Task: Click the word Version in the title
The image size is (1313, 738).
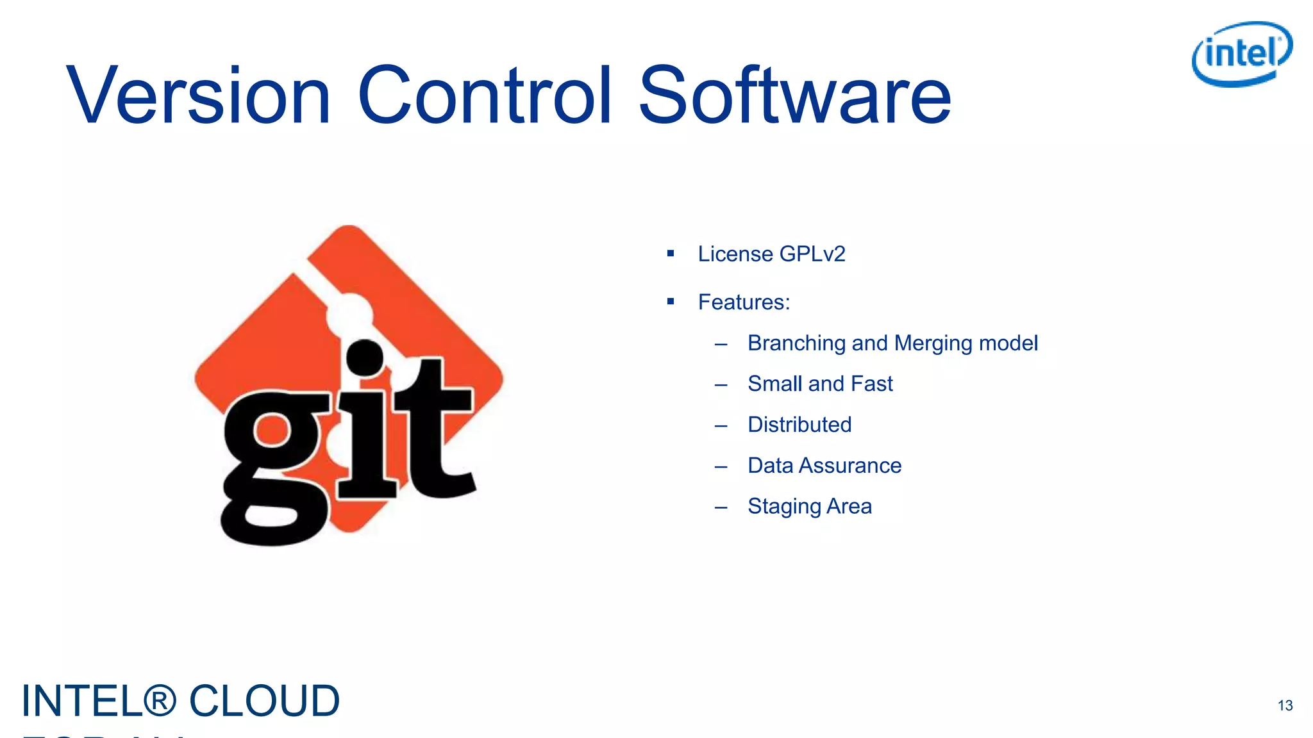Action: coord(198,96)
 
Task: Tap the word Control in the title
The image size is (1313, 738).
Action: coord(485,96)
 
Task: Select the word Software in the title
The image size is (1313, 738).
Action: coord(795,96)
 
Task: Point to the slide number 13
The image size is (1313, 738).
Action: coord(1285,705)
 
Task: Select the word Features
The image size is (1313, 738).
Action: coord(743,302)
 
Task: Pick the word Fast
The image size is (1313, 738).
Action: coord(871,384)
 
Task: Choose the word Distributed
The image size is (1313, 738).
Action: coord(799,425)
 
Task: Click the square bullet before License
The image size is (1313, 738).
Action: coord(671,254)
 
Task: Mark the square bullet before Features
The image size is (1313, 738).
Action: coord(671,301)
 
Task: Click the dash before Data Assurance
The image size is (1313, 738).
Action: coord(721,466)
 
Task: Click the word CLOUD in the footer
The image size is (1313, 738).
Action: coord(264,701)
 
